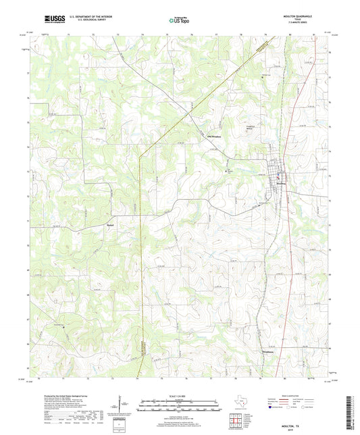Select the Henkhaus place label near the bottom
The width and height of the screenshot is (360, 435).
coord(269,353)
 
